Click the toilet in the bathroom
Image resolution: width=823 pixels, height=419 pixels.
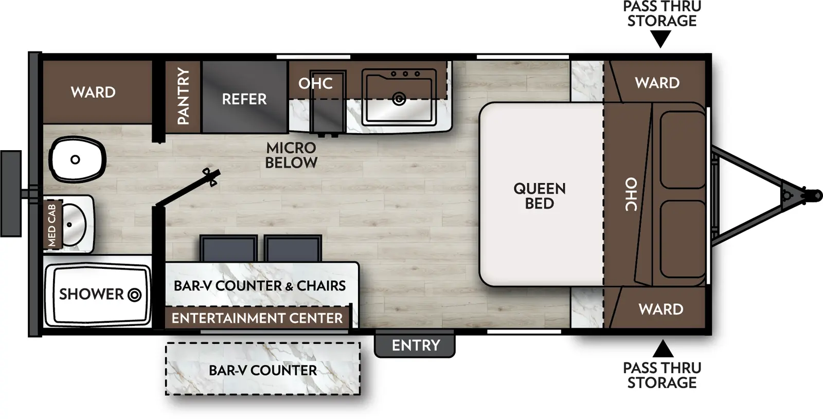point(77,159)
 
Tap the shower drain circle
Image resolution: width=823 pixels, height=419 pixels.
point(134,295)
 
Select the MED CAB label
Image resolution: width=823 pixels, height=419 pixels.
point(52,225)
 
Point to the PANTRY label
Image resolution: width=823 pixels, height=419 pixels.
point(183,96)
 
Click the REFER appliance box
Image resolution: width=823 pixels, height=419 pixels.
point(244,98)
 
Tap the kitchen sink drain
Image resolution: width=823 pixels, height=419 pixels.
point(399,99)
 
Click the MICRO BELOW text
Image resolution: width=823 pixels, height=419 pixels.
point(291,155)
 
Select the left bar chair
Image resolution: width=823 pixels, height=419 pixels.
point(228,249)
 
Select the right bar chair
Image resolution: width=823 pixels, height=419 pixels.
point(293,249)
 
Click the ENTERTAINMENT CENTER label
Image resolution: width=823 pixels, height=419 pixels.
point(257,318)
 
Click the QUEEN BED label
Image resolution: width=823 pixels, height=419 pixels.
point(539,196)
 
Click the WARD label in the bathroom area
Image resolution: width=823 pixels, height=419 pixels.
point(93,93)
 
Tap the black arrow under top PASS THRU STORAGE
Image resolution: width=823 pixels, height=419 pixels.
point(661,39)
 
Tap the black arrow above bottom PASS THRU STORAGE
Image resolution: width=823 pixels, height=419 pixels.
point(663,349)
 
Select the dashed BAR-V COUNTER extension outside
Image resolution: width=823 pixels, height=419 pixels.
point(263,370)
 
